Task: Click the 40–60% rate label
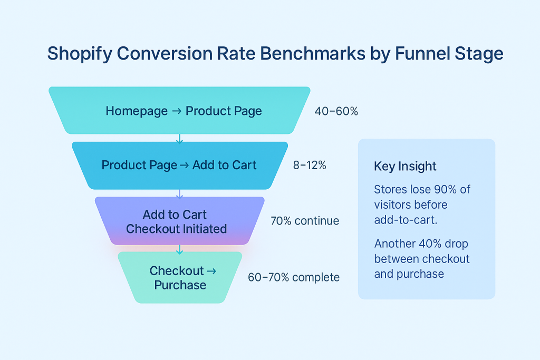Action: click(336, 111)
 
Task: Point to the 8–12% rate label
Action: click(310, 165)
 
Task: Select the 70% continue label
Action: click(305, 221)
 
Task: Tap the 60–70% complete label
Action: click(294, 277)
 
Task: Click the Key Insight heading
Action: click(405, 167)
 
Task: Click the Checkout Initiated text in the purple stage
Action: click(176, 229)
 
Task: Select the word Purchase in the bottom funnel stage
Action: click(180, 285)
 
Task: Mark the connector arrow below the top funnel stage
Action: click(179, 138)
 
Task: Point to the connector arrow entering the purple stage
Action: click(179, 193)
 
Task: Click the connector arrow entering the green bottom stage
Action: click(179, 249)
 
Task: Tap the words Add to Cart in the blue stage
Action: click(224, 165)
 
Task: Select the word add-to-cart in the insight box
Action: click(405, 219)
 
